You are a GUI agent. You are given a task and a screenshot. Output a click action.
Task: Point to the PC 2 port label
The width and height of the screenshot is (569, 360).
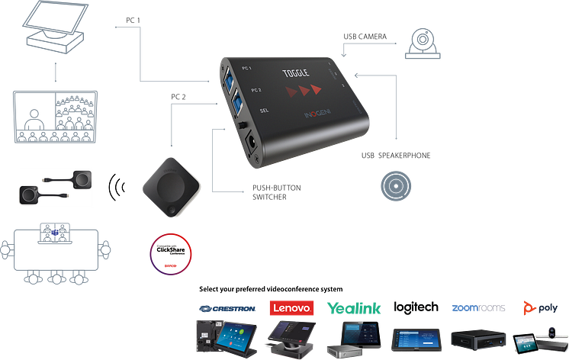(x=255, y=91)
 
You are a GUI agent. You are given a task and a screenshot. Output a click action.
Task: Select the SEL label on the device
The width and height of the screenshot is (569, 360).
(x=263, y=111)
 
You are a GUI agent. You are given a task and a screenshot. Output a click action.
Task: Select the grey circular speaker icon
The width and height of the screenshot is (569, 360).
(x=397, y=185)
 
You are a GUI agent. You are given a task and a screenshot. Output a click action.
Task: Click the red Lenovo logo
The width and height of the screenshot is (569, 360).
(x=291, y=308)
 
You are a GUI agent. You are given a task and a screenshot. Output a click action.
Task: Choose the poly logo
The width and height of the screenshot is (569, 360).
(x=533, y=308)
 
